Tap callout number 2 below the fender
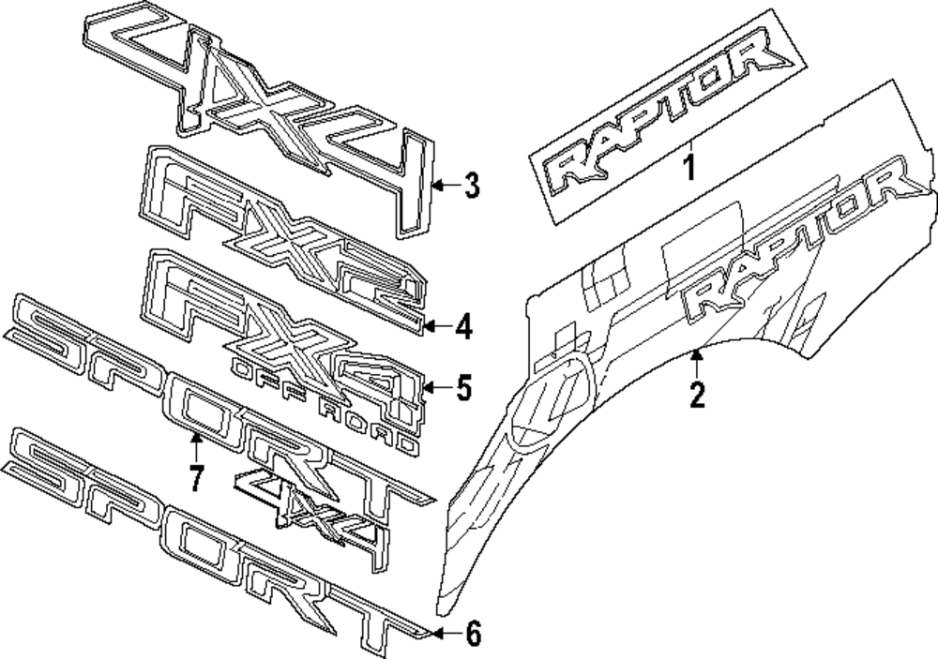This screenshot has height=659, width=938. [x=696, y=394]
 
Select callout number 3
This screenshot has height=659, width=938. [x=471, y=186]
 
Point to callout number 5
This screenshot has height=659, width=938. [x=463, y=387]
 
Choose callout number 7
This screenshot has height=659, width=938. [x=195, y=477]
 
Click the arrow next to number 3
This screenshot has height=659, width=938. [x=446, y=186]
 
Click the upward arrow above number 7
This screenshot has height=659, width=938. [x=196, y=444]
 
